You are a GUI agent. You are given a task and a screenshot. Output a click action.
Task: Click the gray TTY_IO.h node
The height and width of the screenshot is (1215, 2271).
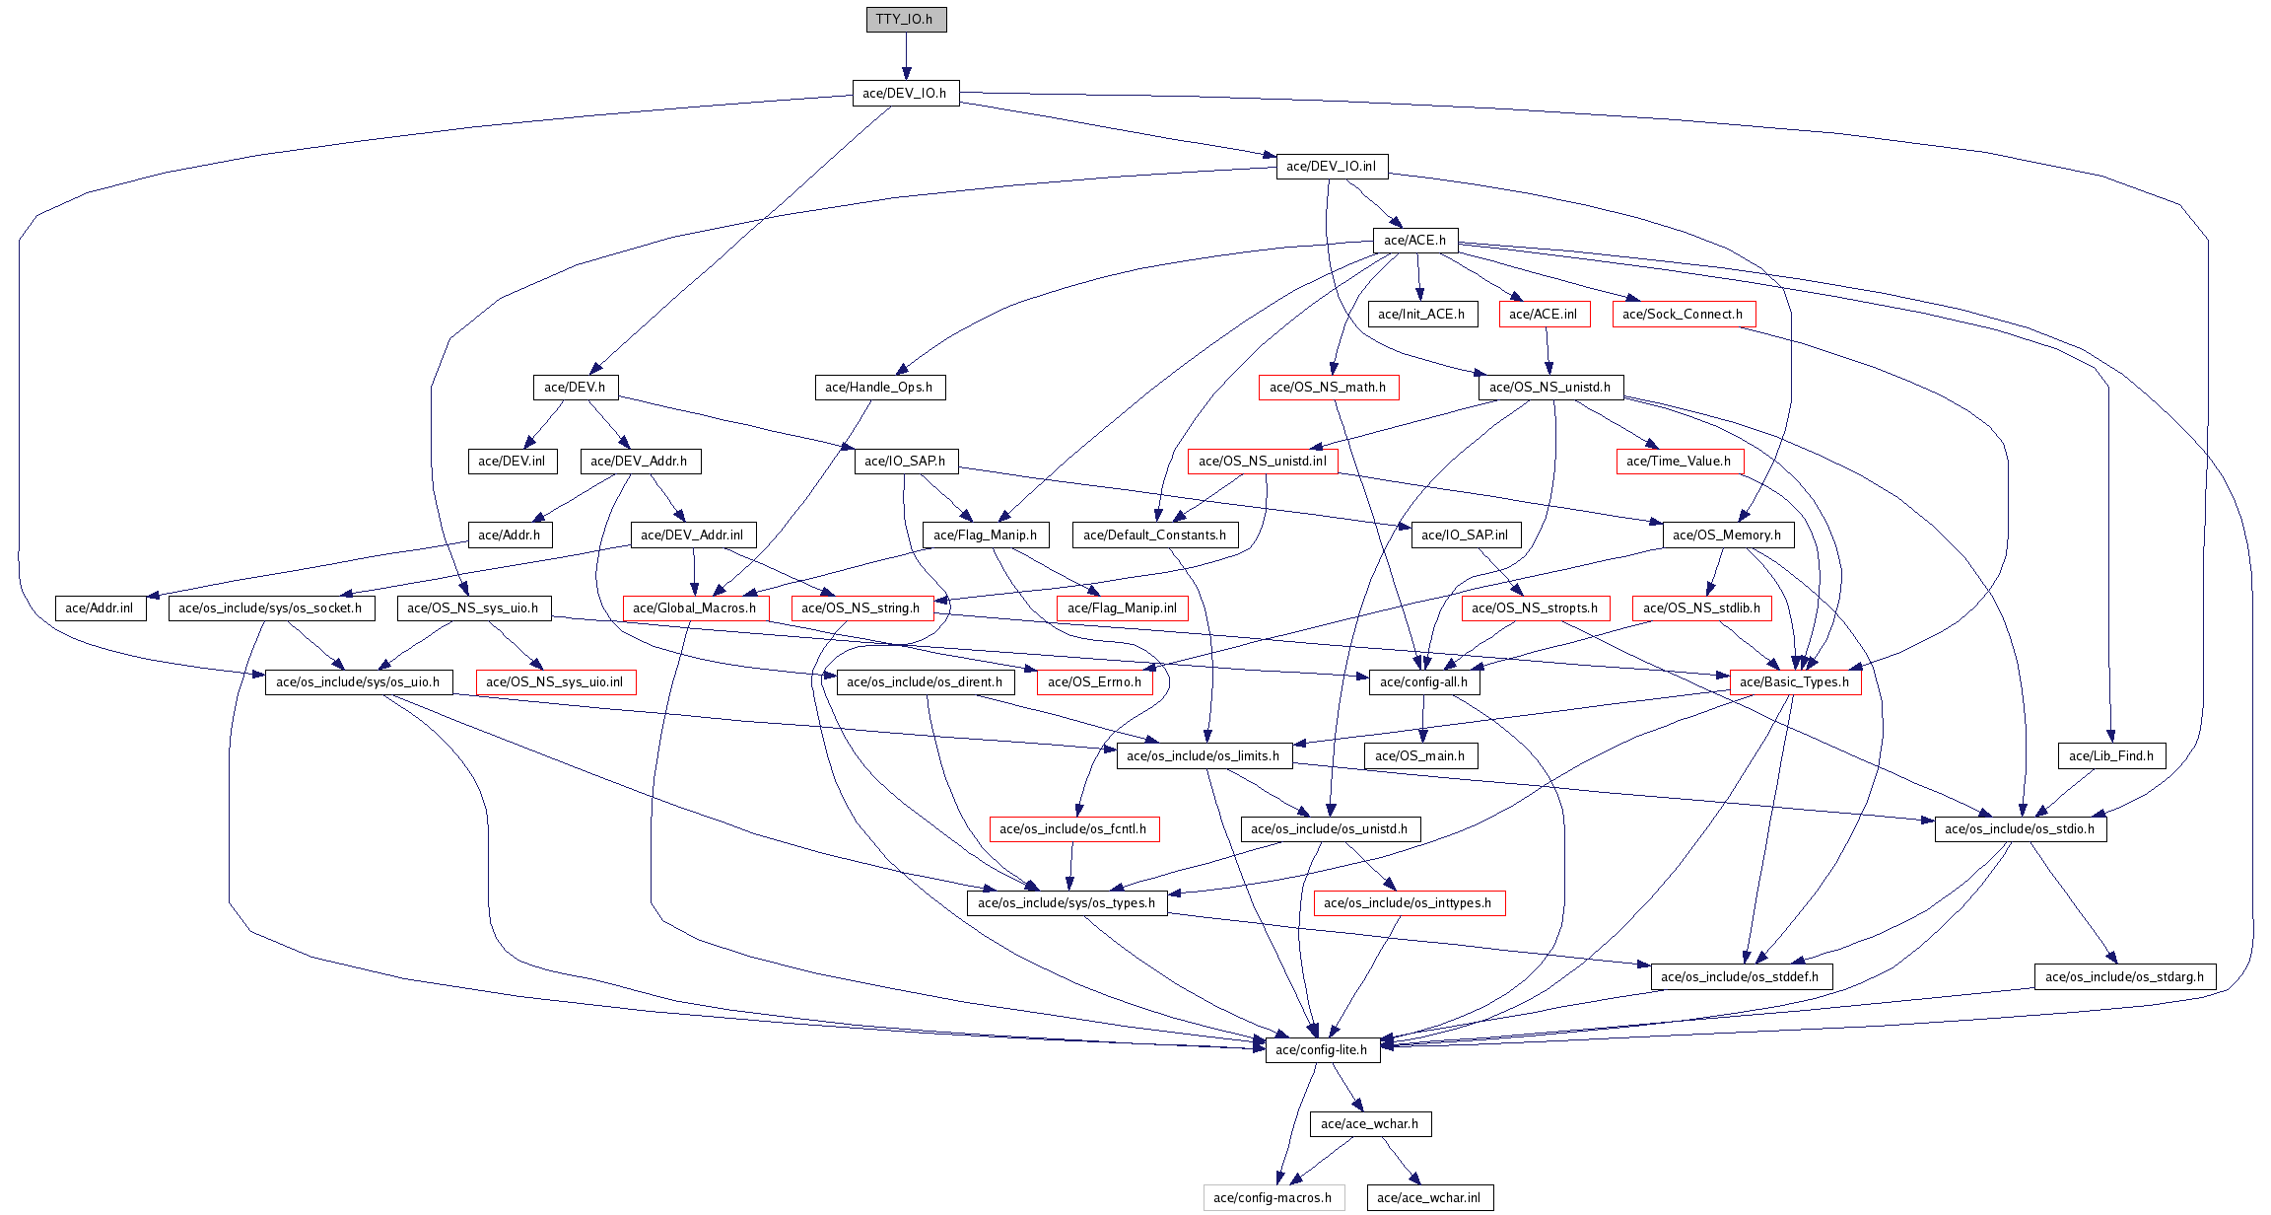[906, 20]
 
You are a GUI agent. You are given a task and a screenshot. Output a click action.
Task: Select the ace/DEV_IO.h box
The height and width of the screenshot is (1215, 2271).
[905, 94]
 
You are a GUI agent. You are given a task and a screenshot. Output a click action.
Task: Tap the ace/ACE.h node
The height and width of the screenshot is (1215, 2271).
[1414, 241]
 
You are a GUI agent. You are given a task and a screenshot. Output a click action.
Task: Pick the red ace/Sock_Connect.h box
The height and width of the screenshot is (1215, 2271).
[1683, 315]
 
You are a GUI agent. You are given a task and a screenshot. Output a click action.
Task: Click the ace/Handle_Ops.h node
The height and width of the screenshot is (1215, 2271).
[879, 388]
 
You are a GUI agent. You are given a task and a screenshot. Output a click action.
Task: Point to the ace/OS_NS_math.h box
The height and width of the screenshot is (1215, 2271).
[1328, 388]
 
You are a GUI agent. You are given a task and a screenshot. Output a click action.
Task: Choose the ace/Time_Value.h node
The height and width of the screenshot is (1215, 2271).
[1679, 462]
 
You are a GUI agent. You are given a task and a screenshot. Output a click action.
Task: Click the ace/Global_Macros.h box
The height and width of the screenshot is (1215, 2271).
[695, 608]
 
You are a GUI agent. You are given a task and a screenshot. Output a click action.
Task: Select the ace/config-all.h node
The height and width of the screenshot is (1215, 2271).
[1423, 682]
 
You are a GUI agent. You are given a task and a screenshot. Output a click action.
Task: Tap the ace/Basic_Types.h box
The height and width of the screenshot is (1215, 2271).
[1795, 682]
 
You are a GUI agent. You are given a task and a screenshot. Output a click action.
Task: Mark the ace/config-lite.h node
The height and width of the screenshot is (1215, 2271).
[1322, 1050]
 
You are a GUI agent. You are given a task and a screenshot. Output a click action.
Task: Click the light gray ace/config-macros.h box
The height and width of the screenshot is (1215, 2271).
[1273, 1198]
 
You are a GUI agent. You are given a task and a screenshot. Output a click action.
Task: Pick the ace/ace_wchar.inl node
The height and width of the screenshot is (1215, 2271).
[1429, 1198]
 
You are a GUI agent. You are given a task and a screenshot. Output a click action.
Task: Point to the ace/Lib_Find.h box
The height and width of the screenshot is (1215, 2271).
[2111, 756]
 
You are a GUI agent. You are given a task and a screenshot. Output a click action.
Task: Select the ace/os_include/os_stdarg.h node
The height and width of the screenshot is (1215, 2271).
[2125, 977]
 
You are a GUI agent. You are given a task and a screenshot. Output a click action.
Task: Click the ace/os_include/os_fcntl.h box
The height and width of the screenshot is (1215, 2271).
[1073, 829]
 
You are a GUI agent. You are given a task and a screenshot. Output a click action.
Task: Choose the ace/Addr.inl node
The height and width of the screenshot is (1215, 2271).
[100, 608]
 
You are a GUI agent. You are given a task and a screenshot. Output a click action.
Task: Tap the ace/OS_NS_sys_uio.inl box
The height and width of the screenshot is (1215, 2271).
[555, 682]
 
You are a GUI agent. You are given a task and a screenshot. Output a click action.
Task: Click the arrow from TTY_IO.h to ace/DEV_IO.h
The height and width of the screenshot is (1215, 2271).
[906, 56]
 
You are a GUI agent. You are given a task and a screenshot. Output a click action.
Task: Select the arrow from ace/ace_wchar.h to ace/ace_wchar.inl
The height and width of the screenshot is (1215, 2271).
[1400, 1161]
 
